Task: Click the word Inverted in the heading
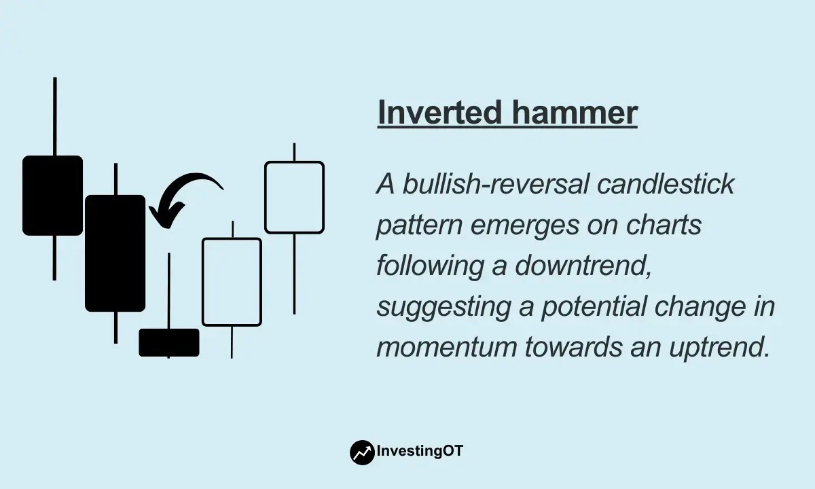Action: pyautogui.click(x=440, y=112)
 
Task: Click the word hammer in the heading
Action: pyautogui.click(x=575, y=112)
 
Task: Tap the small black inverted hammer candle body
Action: pyautogui.click(x=169, y=342)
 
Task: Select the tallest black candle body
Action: pyautogui.click(x=115, y=253)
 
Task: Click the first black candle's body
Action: pyautogui.click(x=53, y=196)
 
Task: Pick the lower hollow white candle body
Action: pyautogui.click(x=232, y=282)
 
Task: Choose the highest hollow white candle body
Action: pyautogui.click(x=294, y=197)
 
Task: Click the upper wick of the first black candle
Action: pyautogui.click(x=55, y=116)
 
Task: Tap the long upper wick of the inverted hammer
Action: pyautogui.click(x=169, y=291)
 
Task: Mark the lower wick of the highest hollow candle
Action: pyautogui.click(x=294, y=274)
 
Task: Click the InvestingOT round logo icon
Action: pyautogui.click(x=362, y=452)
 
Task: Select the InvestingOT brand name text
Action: pyautogui.click(x=420, y=451)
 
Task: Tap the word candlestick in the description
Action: pyautogui.click(x=666, y=184)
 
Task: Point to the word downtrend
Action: pyautogui.click(x=583, y=266)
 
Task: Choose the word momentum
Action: pyautogui.click(x=446, y=347)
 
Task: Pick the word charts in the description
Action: pyautogui.click(x=664, y=225)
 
